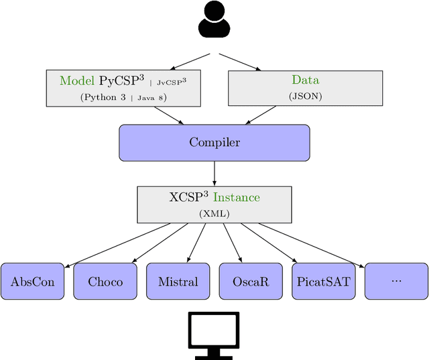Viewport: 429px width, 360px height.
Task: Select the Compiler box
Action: coord(214,142)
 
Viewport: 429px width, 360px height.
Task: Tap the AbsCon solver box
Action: coord(33,281)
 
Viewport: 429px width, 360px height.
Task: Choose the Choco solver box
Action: coord(105,281)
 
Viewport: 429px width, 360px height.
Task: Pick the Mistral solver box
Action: coord(178,281)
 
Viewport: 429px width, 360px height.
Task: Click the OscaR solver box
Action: coord(251,281)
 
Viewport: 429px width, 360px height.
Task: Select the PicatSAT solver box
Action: coord(324,281)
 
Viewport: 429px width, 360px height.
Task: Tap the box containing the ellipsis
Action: coord(396,281)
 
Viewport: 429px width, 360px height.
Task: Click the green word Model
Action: coord(77,81)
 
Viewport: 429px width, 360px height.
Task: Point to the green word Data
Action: coord(305,80)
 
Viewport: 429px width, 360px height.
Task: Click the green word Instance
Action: coord(236,198)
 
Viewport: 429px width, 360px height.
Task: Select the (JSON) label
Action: coord(305,96)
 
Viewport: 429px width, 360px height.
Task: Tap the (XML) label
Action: coord(214,213)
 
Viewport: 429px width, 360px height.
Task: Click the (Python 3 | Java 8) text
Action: coord(123,97)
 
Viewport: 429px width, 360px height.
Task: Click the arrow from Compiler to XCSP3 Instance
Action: coord(214,174)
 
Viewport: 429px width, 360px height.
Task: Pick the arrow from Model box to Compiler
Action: coord(168,115)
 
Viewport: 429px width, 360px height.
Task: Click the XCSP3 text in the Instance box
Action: coord(189,198)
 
